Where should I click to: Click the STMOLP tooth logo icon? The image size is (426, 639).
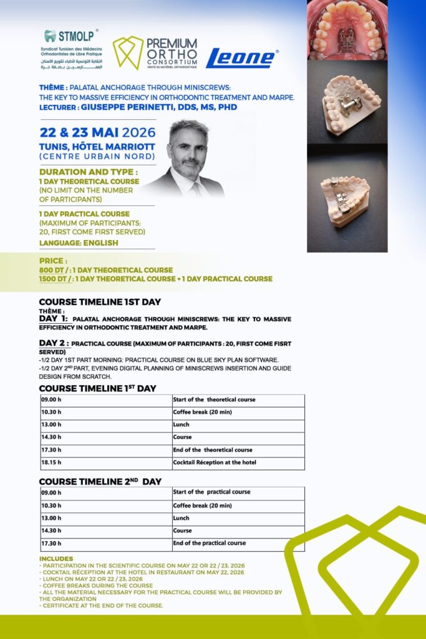pos(51,36)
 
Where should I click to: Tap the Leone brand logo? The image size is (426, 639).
pos(241,58)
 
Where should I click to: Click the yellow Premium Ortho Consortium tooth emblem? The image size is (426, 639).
pos(127,52)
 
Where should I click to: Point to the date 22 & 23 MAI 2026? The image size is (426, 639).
pos(97,132)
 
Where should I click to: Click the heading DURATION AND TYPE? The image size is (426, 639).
pos(88,172)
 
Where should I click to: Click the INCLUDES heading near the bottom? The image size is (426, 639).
pos(56,559)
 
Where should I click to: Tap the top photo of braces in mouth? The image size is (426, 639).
pos(347,30)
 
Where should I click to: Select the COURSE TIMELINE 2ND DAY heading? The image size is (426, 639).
pos(100,482)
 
